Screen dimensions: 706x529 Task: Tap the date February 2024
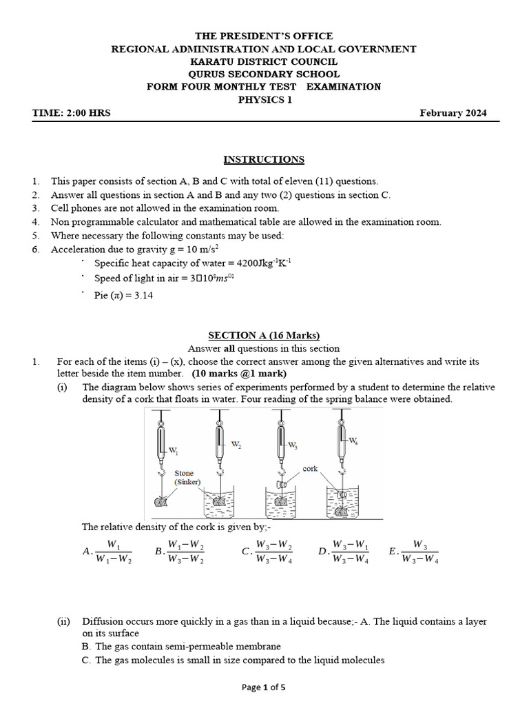click(453, 113)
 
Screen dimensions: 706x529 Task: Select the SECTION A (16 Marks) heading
click(264, 336)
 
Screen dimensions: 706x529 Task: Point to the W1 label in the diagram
click(173, 452)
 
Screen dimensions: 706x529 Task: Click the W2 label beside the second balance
click(236, 445)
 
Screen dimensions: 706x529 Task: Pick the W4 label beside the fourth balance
click(353, 440)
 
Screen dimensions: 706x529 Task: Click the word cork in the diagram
click(310, 468)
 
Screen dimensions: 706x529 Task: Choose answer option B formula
click(180, 552)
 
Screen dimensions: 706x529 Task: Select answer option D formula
click(344, 552)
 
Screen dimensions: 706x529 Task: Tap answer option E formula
click(415, 552)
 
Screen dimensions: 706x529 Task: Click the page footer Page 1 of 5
click(264, 687)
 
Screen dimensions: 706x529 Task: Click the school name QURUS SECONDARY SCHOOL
click(264, 74)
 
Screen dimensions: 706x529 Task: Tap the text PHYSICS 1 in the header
click(264, 100)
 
